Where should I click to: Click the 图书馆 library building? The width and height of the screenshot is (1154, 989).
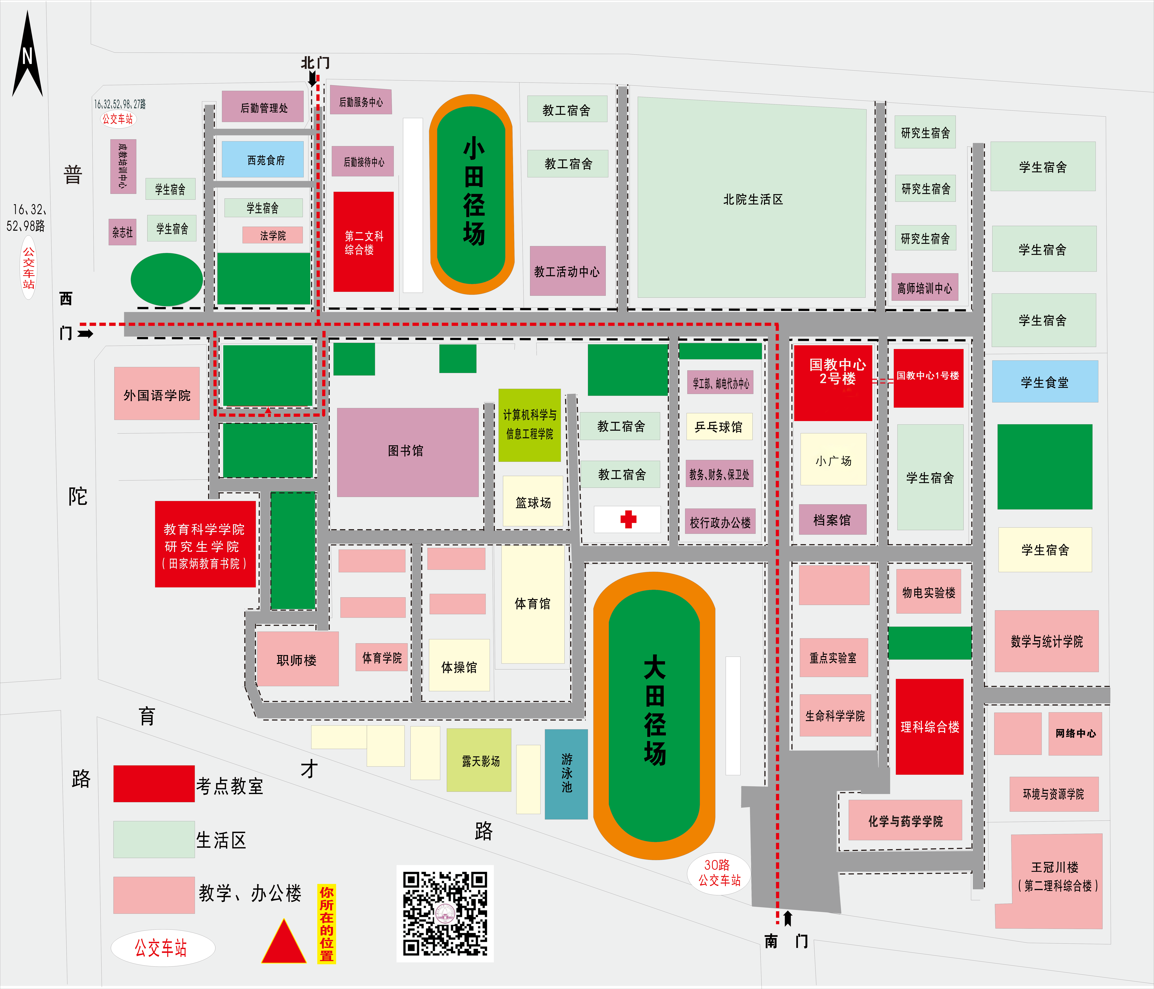[408, 452]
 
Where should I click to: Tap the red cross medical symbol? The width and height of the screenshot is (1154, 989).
[628, 519]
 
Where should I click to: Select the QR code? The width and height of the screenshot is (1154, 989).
[445, 913]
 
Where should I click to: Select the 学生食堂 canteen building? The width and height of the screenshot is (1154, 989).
[1045, 381]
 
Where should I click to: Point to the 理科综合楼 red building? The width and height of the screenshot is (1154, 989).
[929, 726]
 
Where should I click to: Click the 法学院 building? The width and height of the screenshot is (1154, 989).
[272, 235]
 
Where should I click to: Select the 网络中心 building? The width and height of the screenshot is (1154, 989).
[1075, 733]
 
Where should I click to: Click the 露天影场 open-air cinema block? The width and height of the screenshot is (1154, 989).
[479, 760]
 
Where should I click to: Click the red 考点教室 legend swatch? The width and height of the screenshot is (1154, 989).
[154, 784]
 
